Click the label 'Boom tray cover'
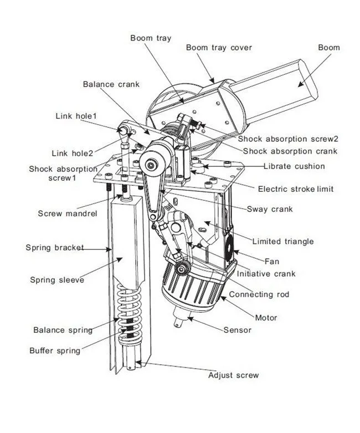[x=219, y=48]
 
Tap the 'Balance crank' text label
[x=111, y=84]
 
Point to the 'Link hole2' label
[x=73, y=153]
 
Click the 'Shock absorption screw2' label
[x=288, y=139]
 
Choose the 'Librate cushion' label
[x=294, y=166]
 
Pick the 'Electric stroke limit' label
[x=296, y=189]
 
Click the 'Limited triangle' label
[x=282, y=241]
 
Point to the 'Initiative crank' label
[x=266, y=273]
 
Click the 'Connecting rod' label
[x=259, y=294]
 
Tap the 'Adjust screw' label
[x=233, y=375]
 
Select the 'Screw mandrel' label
[x=61, y=213]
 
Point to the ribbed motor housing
[x=188, y=288]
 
